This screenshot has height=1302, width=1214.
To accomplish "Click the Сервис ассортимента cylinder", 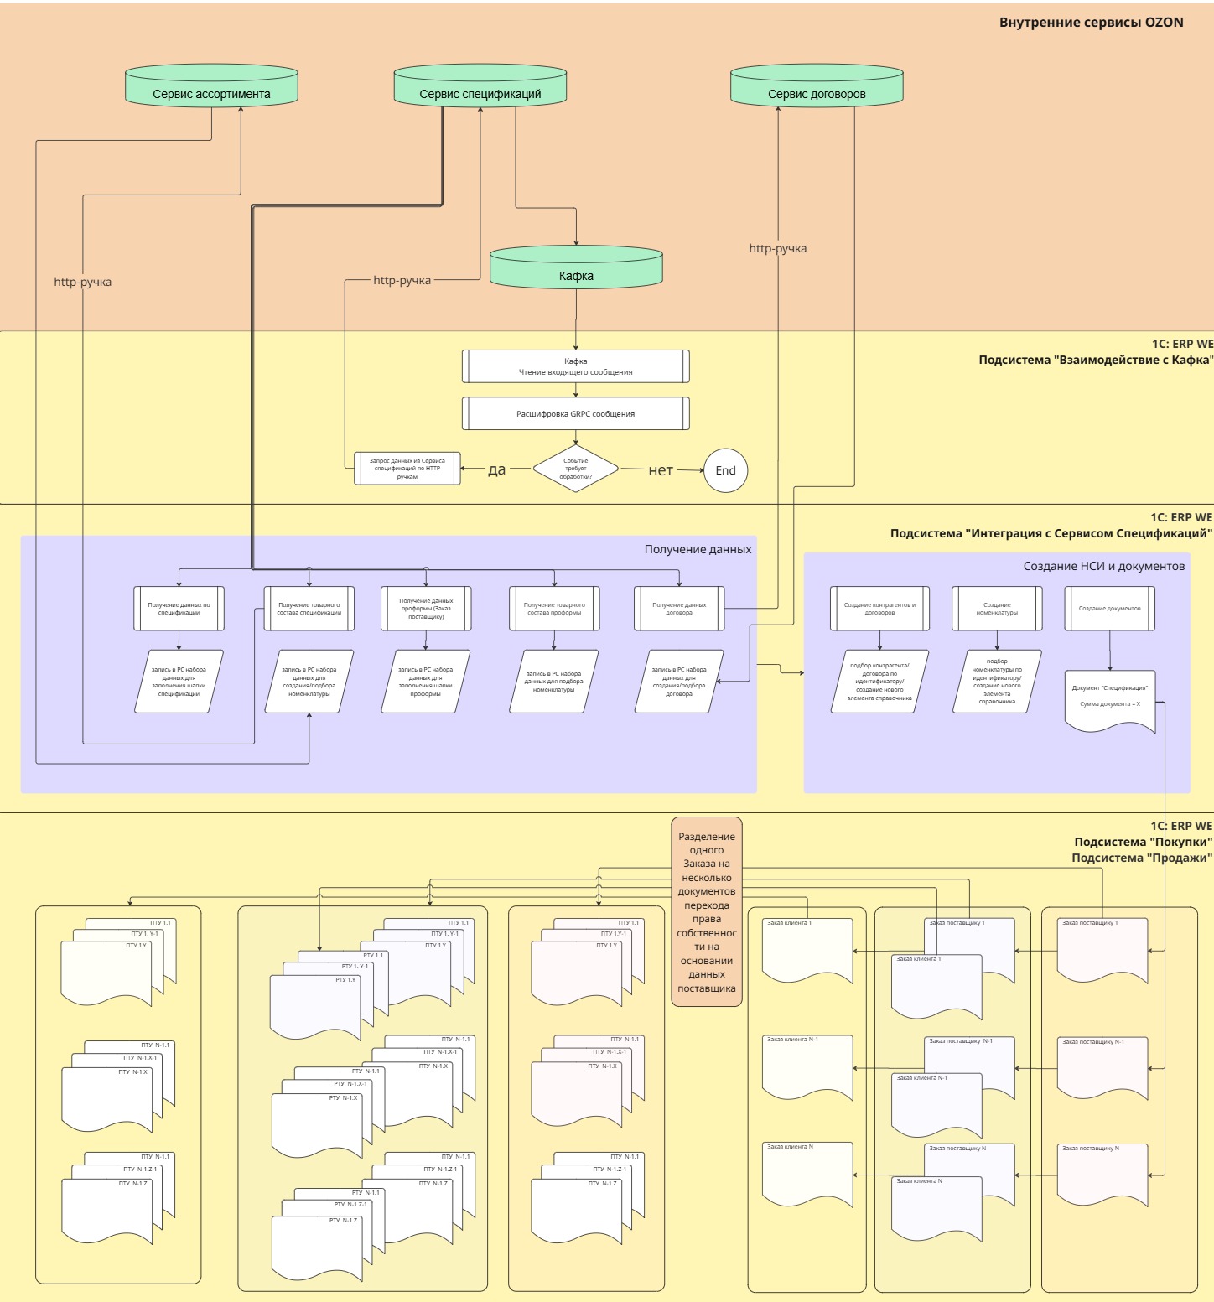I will point(211,86).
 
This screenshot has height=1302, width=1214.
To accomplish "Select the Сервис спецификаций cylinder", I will point(480,86).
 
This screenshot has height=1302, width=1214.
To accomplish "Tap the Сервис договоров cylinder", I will point(817,86).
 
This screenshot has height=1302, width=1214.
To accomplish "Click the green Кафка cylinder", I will point(576,268).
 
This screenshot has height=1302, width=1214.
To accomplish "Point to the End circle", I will point(725,470).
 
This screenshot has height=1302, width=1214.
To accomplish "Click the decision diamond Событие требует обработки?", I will point(576,469).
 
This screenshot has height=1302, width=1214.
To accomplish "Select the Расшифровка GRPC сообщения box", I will point(576,413).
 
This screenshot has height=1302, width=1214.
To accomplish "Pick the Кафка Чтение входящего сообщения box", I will point(576,366).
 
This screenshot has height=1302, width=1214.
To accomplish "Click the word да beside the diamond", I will point(497,469).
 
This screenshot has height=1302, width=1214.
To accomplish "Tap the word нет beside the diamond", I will point(661,470).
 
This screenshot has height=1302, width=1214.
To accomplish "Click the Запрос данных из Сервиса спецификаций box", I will point(407,469).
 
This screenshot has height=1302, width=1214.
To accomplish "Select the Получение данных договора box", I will point(679,609).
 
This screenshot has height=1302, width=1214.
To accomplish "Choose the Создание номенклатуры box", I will point(997,609).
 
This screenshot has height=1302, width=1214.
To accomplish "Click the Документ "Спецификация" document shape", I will point(1110,699).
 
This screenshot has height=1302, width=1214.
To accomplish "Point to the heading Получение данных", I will point(698,550).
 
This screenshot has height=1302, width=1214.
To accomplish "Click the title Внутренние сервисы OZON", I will point(1091,23).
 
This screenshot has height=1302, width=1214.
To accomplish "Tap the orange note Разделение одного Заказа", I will point(707,912).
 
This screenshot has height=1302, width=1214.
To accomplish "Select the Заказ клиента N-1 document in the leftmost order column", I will point(807,1068).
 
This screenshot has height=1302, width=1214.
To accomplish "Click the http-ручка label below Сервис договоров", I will point(778,248).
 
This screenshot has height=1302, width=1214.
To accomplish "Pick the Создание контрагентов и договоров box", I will point(879,609).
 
